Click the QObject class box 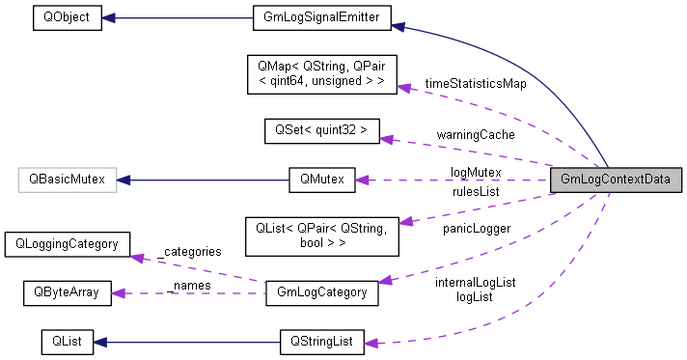[67, 17]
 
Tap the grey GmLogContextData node [615, 180]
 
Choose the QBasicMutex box [67, 180]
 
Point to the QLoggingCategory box [67, 243]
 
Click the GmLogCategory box [321, 291]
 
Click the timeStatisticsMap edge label [475, 84]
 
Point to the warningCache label [474, 134]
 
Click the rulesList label [476, 192]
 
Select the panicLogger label [477, 229]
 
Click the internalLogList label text [475, 282]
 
